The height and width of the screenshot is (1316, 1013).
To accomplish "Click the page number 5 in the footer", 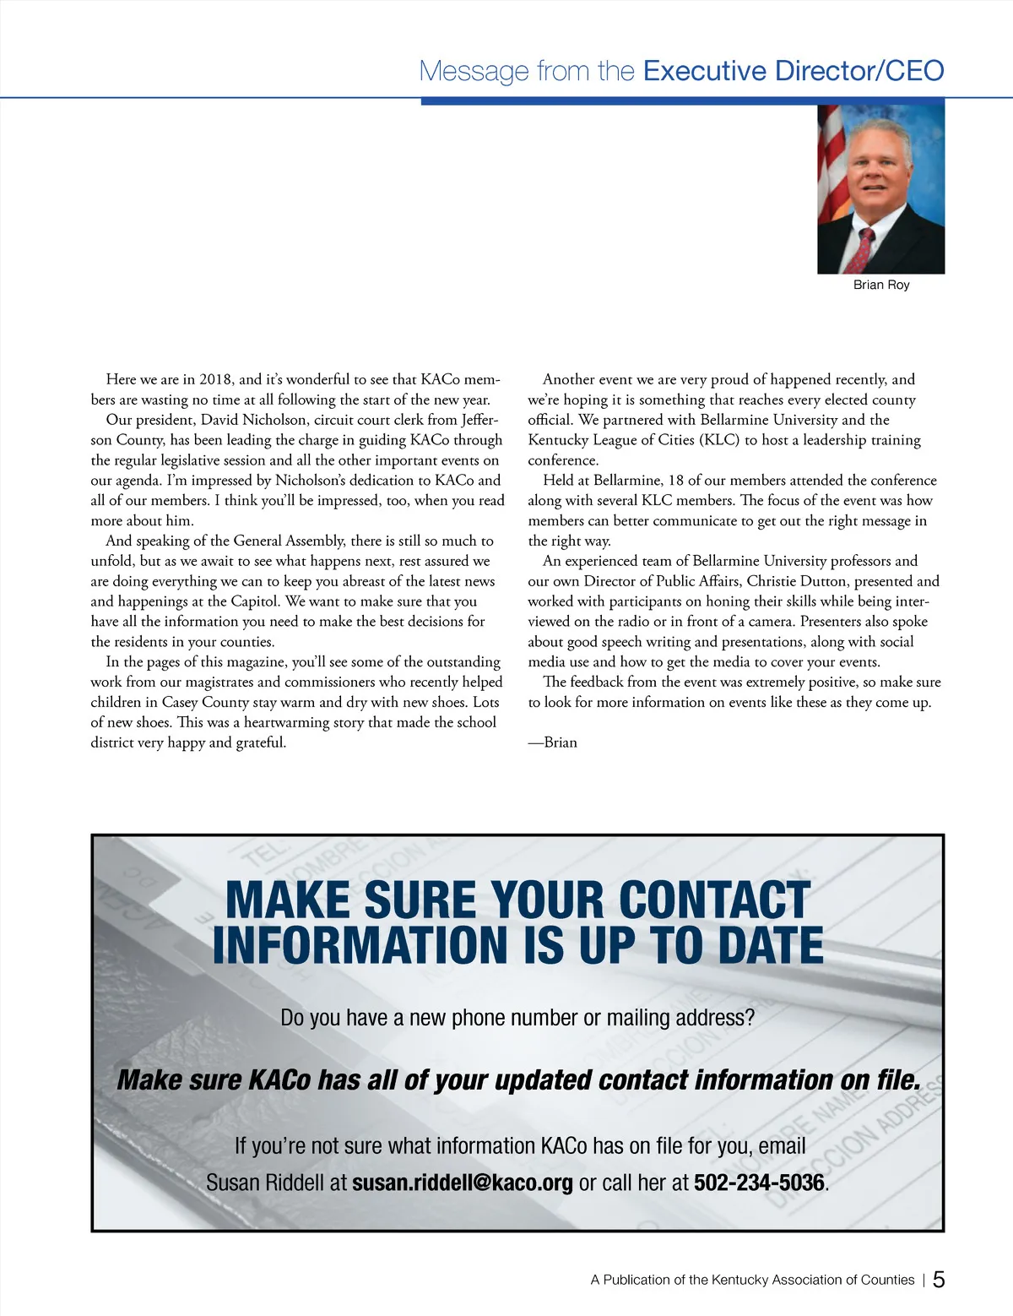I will (939, 1279).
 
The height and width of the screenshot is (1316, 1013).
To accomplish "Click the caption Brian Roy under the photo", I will (880, 285).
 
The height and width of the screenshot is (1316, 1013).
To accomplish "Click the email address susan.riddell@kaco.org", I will (462, 1183).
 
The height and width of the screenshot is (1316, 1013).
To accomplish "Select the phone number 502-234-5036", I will (758, 1183).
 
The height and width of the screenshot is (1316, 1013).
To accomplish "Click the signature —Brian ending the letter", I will (553, 742).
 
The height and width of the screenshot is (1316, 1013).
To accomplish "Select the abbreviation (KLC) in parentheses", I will (719, 440).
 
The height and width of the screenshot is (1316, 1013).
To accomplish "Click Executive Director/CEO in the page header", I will (794, 71).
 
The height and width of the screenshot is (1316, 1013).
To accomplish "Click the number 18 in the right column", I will (676, 481).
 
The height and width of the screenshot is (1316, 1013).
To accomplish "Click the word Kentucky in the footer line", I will (740, 1280).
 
